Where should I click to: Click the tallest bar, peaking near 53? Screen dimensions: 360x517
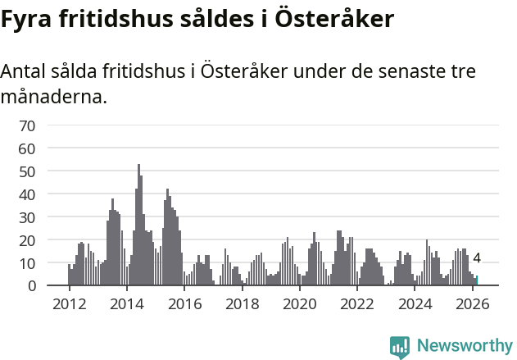138,226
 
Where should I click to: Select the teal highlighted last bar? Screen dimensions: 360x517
476,280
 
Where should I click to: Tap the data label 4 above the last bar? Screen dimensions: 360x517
477,259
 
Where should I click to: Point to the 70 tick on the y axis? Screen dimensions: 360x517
27,125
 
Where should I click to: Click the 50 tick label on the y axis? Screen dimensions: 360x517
27,171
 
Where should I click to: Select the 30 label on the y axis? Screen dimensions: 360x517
27,217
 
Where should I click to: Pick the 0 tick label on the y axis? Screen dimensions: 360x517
31,286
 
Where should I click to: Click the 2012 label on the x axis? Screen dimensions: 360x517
69,303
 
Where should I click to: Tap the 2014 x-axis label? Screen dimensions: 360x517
126,303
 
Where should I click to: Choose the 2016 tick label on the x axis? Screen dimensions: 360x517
184,303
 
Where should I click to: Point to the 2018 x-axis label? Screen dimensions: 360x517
242,303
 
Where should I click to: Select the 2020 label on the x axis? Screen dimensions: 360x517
299,303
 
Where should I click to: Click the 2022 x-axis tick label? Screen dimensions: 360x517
357,303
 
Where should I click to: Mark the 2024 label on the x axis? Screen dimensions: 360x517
415,303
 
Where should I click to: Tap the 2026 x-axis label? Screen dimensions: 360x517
472,303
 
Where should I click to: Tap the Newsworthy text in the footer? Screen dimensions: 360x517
465,345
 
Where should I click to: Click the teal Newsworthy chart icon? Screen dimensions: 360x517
400,347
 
